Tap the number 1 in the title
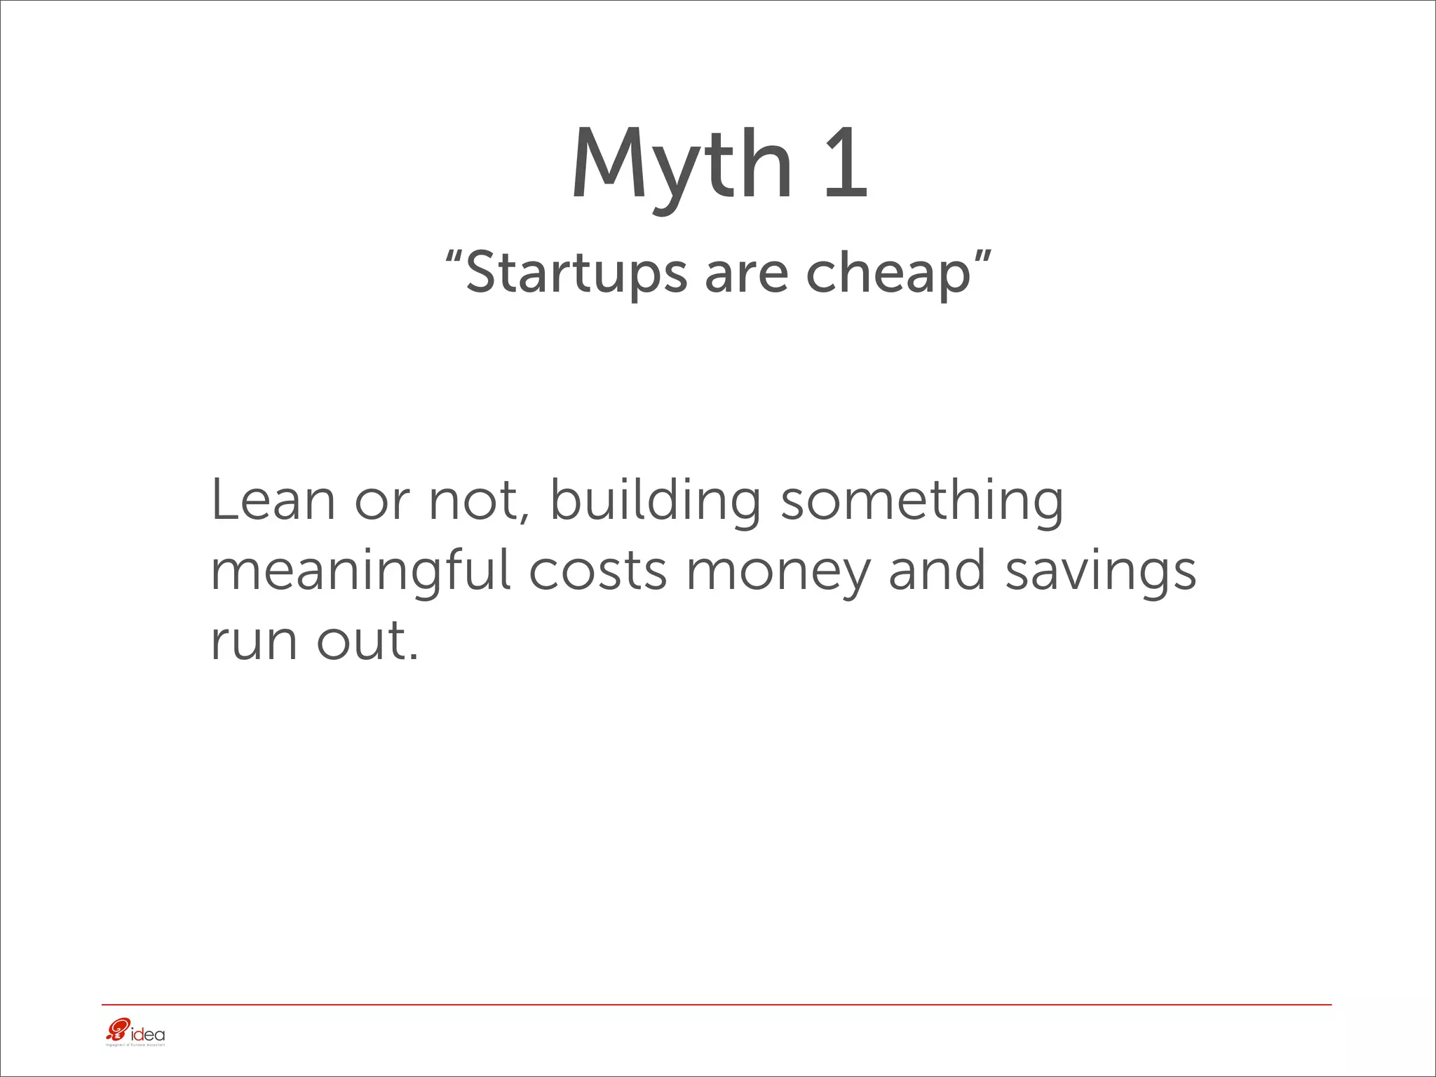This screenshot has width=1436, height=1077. point(846,164)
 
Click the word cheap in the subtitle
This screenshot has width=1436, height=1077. point(888,273)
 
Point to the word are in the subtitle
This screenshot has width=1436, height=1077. point(747,273)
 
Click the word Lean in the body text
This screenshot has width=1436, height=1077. point(273,499)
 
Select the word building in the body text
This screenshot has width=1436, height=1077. point(655,501)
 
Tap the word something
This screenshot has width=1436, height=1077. point(922,501)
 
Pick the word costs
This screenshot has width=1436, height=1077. point(598,571)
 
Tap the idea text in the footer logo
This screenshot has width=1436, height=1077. point(148,1034)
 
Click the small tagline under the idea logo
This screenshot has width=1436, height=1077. point(134,1045)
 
